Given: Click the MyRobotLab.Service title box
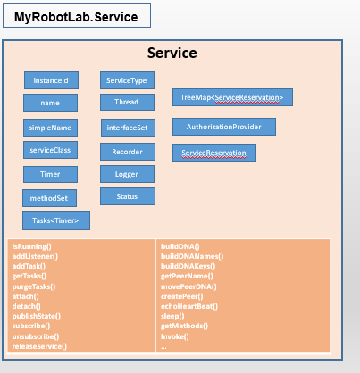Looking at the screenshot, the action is coord(77,15).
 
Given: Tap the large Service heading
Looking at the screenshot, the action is coord(172,53).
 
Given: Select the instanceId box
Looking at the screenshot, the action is coord(51,80).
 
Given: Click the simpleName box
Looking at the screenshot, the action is coord(50,128).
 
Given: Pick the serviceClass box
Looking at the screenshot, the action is coord(50,150).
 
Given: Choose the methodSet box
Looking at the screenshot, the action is coord(49,198).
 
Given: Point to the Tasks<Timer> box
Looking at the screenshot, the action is coord(56,220).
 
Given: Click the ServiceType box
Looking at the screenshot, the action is coord(127,80).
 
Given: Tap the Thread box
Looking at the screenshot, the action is coord(127,102).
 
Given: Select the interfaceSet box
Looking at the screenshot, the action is coord(128,128).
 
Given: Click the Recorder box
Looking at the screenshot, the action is coord(128,152).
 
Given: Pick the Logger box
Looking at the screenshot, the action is coord(127,174).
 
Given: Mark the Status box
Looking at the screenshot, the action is coord(128,196).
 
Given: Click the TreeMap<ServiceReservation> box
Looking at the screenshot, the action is coord(232,97).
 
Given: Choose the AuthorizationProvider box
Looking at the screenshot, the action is coord(224,127).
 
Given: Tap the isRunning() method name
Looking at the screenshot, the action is coord(32,246).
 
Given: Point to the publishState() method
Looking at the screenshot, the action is coord(37,316).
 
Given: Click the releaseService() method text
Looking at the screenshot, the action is coord(39,346).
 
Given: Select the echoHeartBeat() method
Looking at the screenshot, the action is coord(189,306).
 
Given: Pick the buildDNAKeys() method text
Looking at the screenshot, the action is coord(188,266).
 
